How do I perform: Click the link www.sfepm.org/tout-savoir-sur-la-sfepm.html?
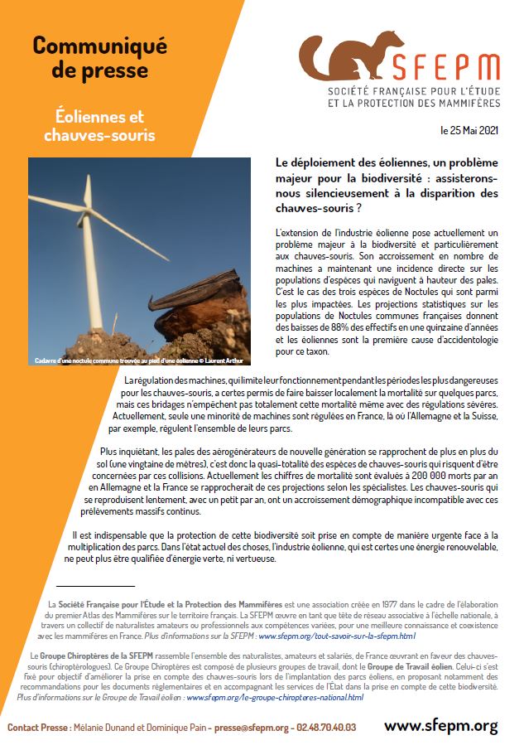coord(336,636)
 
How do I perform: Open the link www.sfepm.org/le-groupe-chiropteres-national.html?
coord(275,697)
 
